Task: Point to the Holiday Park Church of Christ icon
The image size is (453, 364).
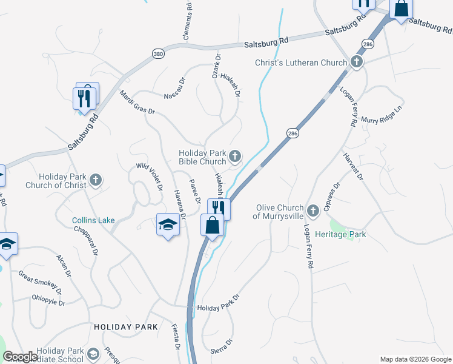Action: pyautogui.click(x=95, y=180)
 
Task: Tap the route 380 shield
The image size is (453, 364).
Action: pyautogui.click(x=157, y=53)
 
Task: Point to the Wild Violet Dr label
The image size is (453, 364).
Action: pyautogui.click(x=149, y=177)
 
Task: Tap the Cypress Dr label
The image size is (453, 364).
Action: pyautogui.click(x=334, y=198)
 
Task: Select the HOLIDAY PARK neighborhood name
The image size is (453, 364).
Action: pyautogui.click(x=126, y=327)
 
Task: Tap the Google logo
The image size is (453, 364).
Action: pyautogui.click(x=20, y=357)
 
